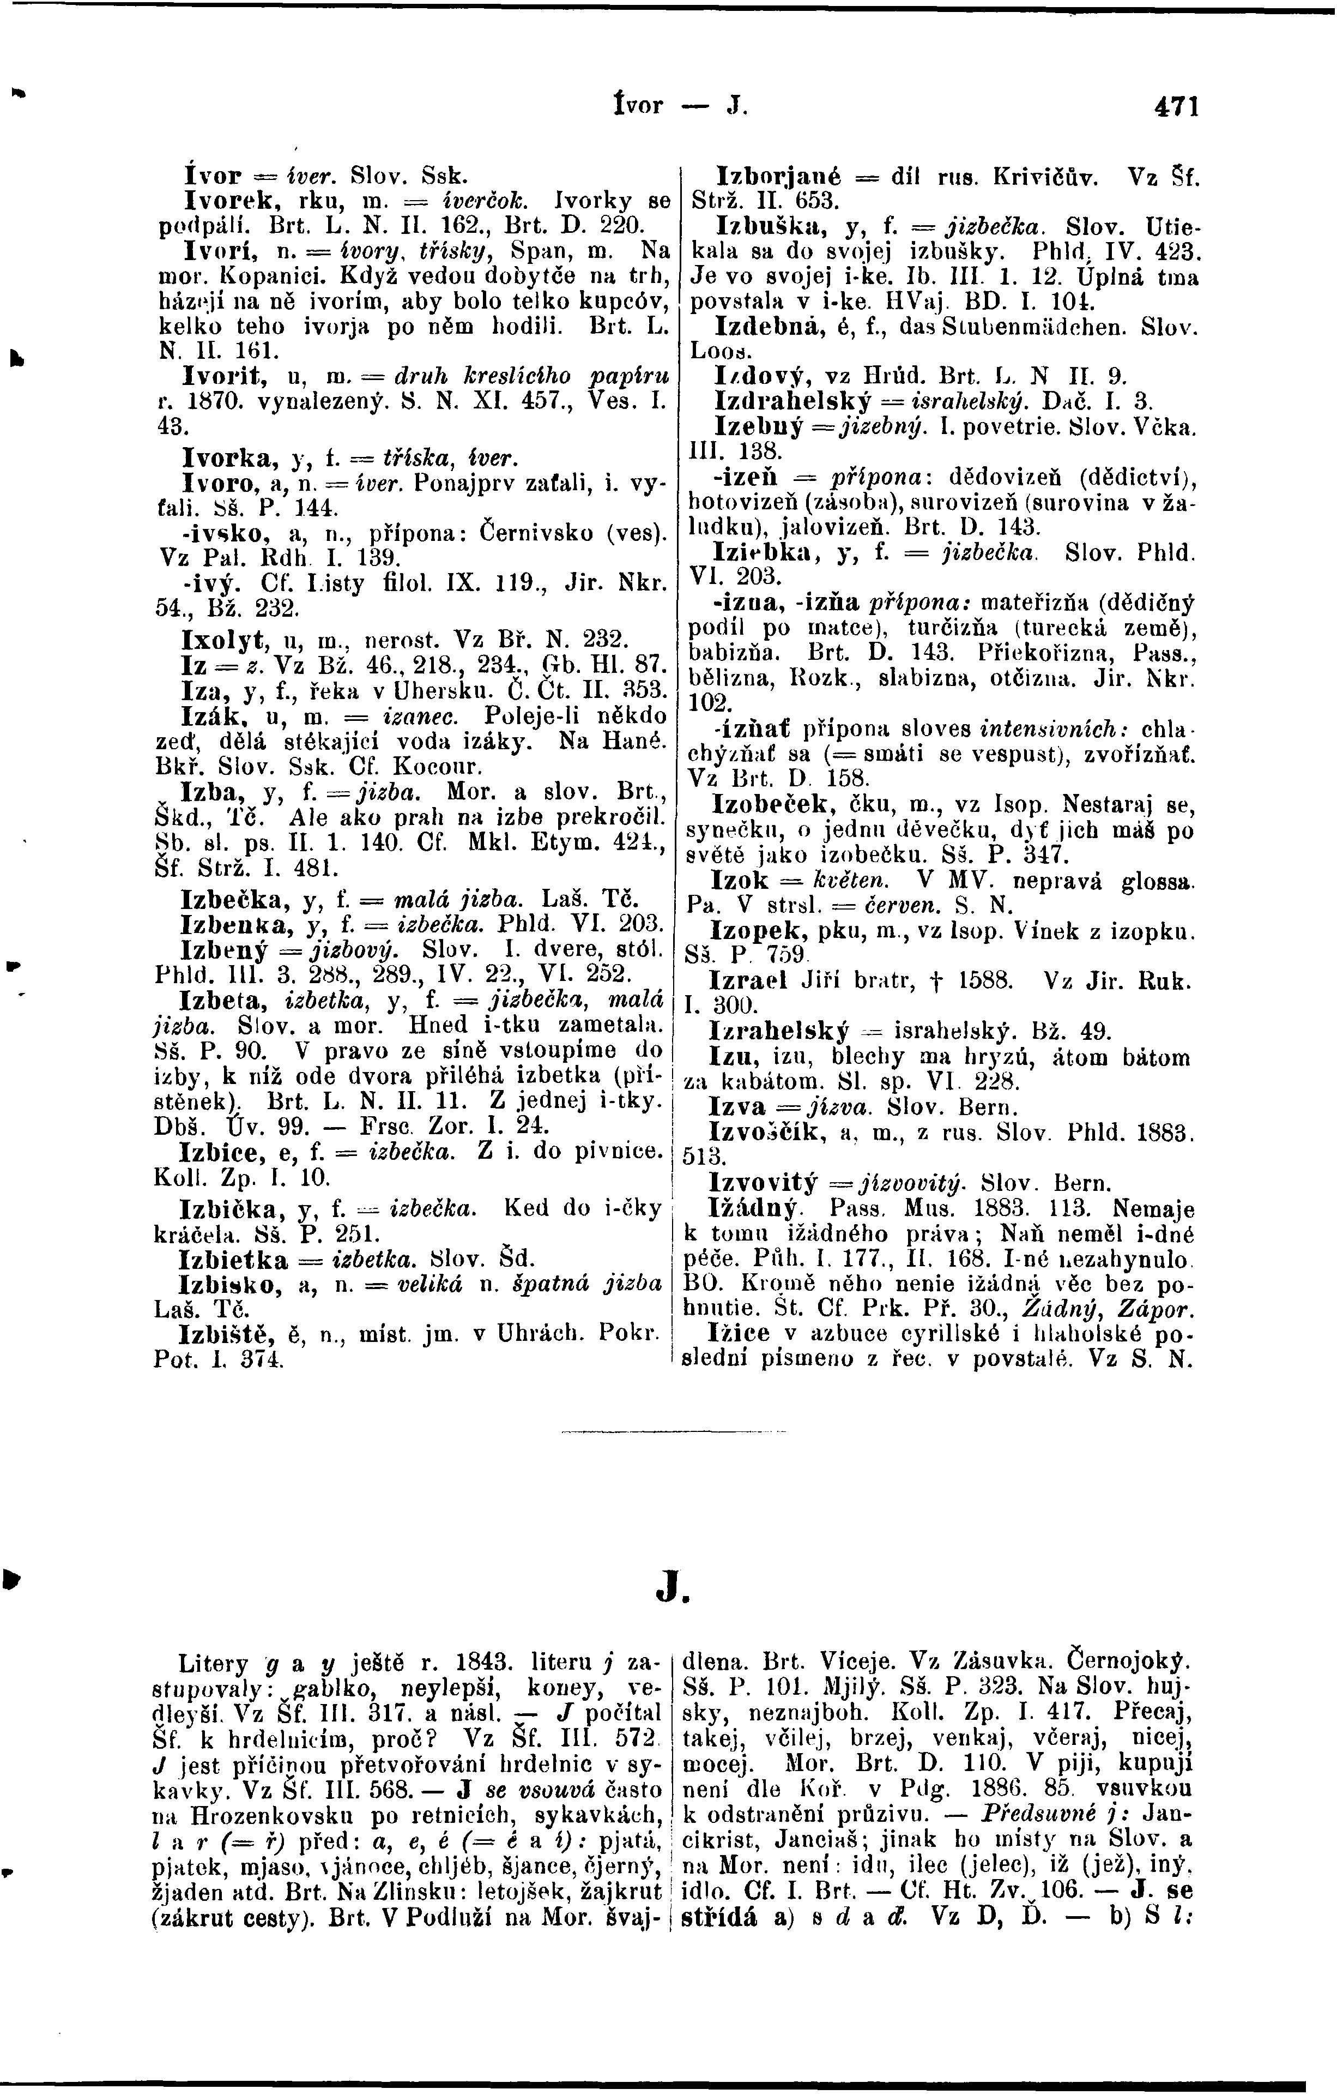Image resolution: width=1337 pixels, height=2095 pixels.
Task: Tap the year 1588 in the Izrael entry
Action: [x=981, y=982]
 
